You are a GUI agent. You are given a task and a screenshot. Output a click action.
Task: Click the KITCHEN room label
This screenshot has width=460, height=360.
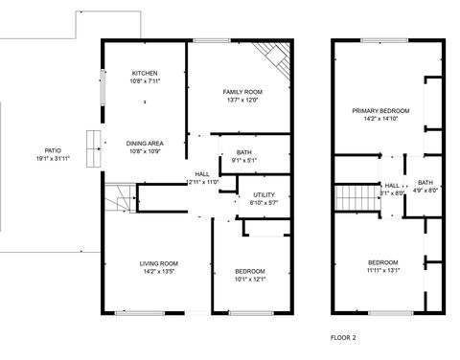[146, 73]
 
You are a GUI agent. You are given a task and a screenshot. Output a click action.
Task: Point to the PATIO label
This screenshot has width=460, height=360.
[53, 150]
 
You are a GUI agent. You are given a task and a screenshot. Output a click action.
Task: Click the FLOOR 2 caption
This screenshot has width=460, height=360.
[343, 338]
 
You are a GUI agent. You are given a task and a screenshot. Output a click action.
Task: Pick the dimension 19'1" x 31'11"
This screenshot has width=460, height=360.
[53, 158]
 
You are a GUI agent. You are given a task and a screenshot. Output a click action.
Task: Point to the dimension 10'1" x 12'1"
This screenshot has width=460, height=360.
[249, 280]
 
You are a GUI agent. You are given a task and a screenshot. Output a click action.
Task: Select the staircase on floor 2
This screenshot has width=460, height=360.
[353, 200]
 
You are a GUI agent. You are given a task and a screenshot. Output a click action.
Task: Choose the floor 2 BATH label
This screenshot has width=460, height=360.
[425, 182]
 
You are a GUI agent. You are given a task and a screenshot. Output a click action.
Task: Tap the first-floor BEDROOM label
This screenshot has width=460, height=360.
[249, 271]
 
